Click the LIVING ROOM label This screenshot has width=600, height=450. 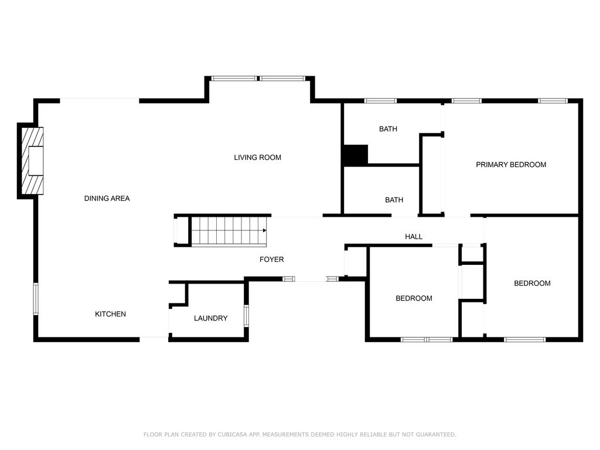pyautogui.click(x=257, y=158)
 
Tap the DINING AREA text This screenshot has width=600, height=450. pyautogui.click(x=107, y=199)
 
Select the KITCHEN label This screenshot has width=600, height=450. pyautogui.click(x=110, y=314)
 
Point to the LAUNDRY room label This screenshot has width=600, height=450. pyautogui.click(x=210, y=318)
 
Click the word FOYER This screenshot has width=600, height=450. pyautogui.click(x=271, y=259)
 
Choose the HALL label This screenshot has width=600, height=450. pyautogui.click(x=414, y=237)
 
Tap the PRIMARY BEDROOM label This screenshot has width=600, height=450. pyautogui.click(x=510, y=165)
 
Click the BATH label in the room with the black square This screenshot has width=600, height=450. pyautogui.click(x=388, y=129)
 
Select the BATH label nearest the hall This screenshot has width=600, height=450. pyautogui.click(x=394, y=200)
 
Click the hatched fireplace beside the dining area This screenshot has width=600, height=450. pyautogui.click(x=33, y=161)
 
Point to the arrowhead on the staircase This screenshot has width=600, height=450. pyautogui.click(x=265, y=231)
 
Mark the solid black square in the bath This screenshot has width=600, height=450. pyautogui.click(x=355, y=155)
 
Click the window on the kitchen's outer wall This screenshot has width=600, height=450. pyautogui.click(x=36, y=299)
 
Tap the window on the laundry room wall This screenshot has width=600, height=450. pyautogui.click(x=246, y=315)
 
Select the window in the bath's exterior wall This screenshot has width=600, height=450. pyautogui.click(x=380, y=101)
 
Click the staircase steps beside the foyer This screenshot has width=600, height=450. pyautogui.click(x=229, y=231)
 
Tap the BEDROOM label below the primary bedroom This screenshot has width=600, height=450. pyautogui.click(x=532, y=284)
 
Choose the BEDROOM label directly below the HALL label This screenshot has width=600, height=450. pyautogui.click(x=414, y=298)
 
